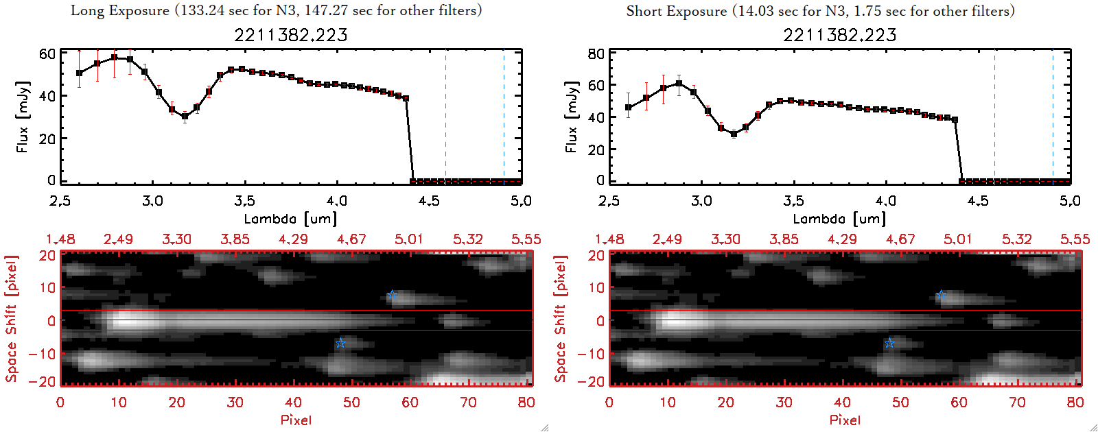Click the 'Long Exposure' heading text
(x=120, y=10)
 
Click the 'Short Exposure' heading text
(x=676, y=11)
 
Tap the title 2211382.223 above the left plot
(x=291, y=35)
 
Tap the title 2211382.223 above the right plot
(x=840, y=35)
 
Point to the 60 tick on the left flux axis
(x=47, y=53)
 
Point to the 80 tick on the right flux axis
(x=596, y=53)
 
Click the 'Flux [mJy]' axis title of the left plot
(x=23, y=117)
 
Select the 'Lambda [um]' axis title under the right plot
(x=839, y=219)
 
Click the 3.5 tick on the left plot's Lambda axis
(x=244, y=201)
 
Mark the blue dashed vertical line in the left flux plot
(x=504, y=117)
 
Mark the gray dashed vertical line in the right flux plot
(x=994, y=117)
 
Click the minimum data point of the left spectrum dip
(x=185, y=117)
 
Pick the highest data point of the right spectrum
(x=679, y=84)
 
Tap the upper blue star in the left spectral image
(x=391, y=296)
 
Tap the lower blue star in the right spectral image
(x=889, y=343)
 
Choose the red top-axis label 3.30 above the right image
(x=725, y=239)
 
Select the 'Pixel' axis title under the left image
(x=296, y=420)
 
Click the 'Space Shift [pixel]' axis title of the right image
(x=561, y=319)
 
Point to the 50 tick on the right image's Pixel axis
(x=900, y=403)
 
